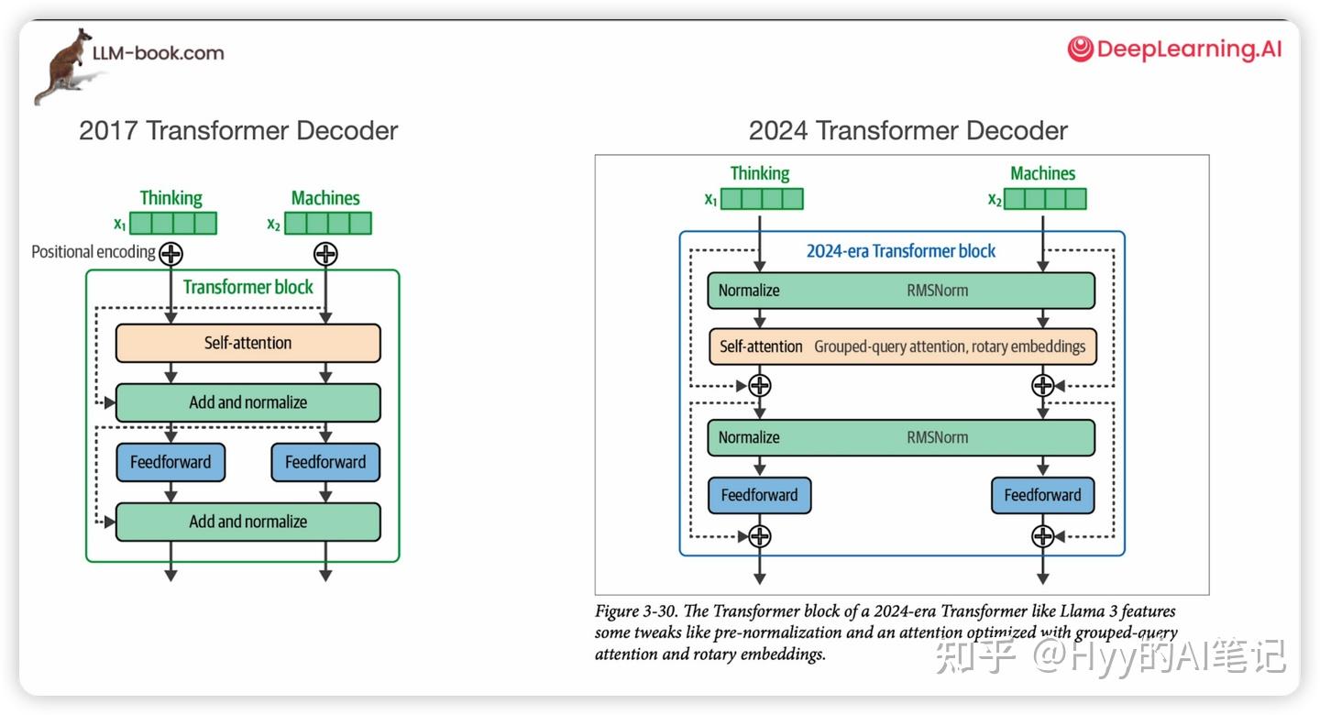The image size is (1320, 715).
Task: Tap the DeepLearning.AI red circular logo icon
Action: click(1080, 49)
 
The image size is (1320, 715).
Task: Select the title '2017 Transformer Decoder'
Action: click(238, 130)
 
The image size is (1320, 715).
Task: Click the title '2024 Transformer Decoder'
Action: click(908, 130)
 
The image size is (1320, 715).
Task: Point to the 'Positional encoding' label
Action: click(93, 252)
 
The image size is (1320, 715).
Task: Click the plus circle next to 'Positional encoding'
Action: click(170, 254)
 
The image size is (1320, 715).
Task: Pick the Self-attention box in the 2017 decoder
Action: click(248, 343)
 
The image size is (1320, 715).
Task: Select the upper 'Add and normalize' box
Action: click(248, 402)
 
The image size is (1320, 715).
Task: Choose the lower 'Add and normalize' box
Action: click(248, 522)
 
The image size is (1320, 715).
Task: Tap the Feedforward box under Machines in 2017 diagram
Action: click(325, 462)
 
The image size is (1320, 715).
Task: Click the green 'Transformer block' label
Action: click(248, 287)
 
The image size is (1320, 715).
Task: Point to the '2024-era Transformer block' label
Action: click(901, 251)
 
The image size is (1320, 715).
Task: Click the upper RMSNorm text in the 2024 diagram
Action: click(938, 291)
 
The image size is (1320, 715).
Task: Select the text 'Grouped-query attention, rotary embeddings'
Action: click(950, 346)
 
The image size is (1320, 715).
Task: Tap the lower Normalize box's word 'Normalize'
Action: click(749, 437)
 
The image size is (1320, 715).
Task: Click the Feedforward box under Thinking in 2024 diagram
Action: click(760, 495)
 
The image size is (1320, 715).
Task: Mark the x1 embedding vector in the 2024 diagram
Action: click(762, 199)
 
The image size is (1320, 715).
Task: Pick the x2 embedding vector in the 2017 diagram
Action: click(328, 224)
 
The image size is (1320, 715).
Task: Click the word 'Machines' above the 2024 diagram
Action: click(1043, 173)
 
